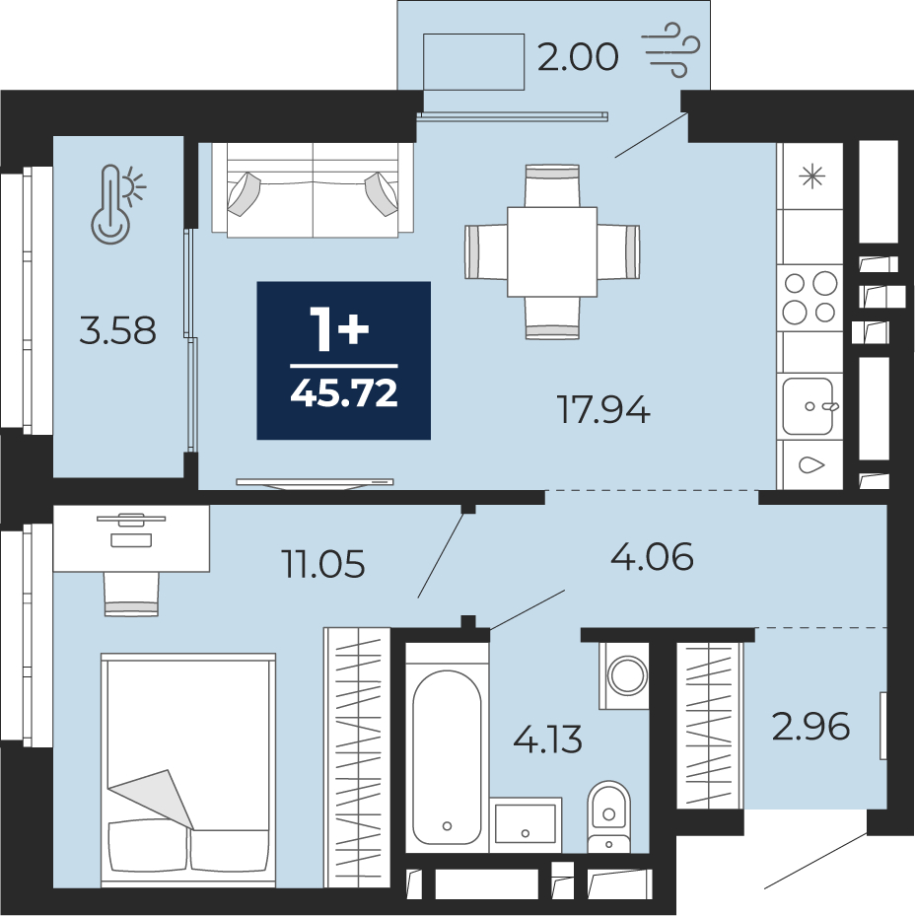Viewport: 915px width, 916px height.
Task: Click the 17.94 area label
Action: pyautogui.click(x=603, y=409)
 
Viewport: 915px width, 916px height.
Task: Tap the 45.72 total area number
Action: pyautogui.click(x=344, y=393)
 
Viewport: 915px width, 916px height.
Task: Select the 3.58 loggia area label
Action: pyautogui.click(x=118, y=330)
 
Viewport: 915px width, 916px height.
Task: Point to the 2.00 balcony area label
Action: pyautogui.click(x=577, y=57)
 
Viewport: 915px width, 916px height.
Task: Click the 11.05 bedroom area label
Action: pyautogui.click(x=323, y=564)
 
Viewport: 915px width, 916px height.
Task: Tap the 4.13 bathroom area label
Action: pyautogui.click(x=547, y=739)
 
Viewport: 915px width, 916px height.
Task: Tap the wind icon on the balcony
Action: pyautogui.click(x=671, y=50)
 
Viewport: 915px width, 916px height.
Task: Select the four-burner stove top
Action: pyautogui.click(x=810, y=298)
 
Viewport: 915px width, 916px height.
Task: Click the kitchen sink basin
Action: pyautogui.click(x=809, y=406)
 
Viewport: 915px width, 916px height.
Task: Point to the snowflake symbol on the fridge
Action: pyautogui.click(x=812, y=176)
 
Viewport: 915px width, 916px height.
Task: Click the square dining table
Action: pyautogui.click(x=552, y=251)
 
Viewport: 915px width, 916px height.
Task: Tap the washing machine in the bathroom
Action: pyautogui.click(x=625, y=675)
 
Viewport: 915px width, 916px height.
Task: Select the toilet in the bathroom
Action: pyautogui.click(x=608, y=816)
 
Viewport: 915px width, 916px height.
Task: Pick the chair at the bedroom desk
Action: pyautogui.click(x=131, y=594)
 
